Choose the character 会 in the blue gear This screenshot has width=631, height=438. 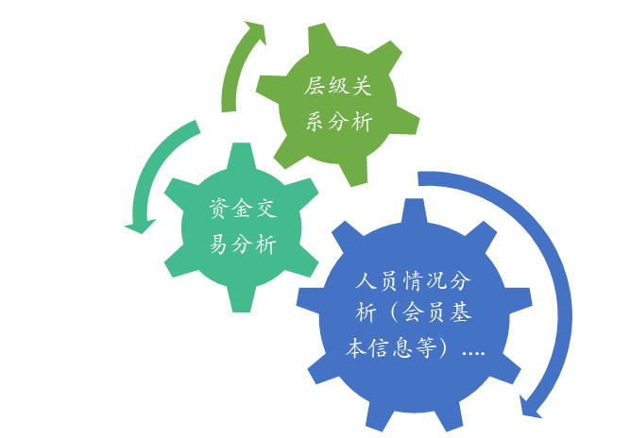tap(403, 315)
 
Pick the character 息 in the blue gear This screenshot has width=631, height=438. tap(403, 349)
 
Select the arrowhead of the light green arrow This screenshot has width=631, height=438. tap(253, 31)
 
